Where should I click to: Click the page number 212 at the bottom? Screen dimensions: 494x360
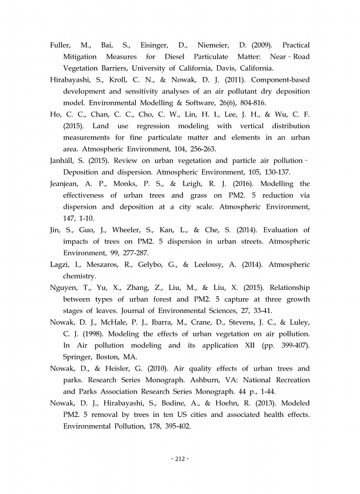179,458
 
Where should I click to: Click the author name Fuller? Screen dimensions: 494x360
61,45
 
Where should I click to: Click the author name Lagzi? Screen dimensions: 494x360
61,265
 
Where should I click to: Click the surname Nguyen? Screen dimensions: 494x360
66,288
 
